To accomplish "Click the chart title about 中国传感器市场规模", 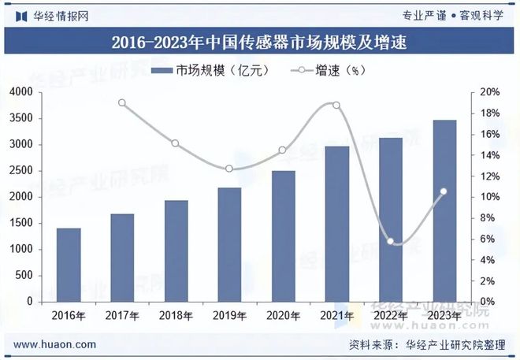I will click(x=259, y=43).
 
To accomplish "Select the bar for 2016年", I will click(x=69, y=265).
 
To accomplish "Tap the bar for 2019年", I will click(x=229, y=244).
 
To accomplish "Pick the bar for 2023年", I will click(x=444, y=210).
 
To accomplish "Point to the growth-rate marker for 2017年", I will click(x=122, y=102).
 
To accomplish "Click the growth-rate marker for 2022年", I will click(x=391, y=242).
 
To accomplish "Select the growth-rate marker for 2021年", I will click(x=337, y=106).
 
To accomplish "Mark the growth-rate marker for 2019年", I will click(x=229, y=169).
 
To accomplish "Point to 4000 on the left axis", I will click(x=20, y=93).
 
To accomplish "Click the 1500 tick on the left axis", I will click(x=20, y=223).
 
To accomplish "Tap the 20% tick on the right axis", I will click(x=489, y=93).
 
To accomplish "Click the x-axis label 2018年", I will click(x=176, y=316).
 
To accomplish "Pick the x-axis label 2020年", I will click(x=284, y=316).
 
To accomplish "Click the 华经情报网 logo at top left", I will click(x=51, y=15).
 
